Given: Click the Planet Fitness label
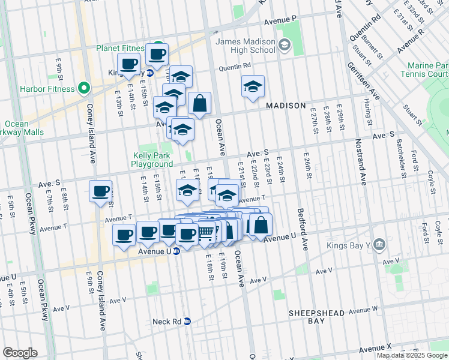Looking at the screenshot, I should (119, 48).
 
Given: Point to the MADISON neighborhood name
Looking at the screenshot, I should (286, 106).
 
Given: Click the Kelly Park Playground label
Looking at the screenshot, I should (152, 160).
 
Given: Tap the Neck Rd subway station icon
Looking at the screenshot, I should (187, 322).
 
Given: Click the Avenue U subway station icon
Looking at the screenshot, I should (176, 251).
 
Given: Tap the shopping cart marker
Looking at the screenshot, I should (206, 231).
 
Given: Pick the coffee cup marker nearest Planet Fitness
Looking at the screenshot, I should (157, 55).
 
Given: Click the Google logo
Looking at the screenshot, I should (20, 353).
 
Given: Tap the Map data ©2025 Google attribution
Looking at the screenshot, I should (412, 355).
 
